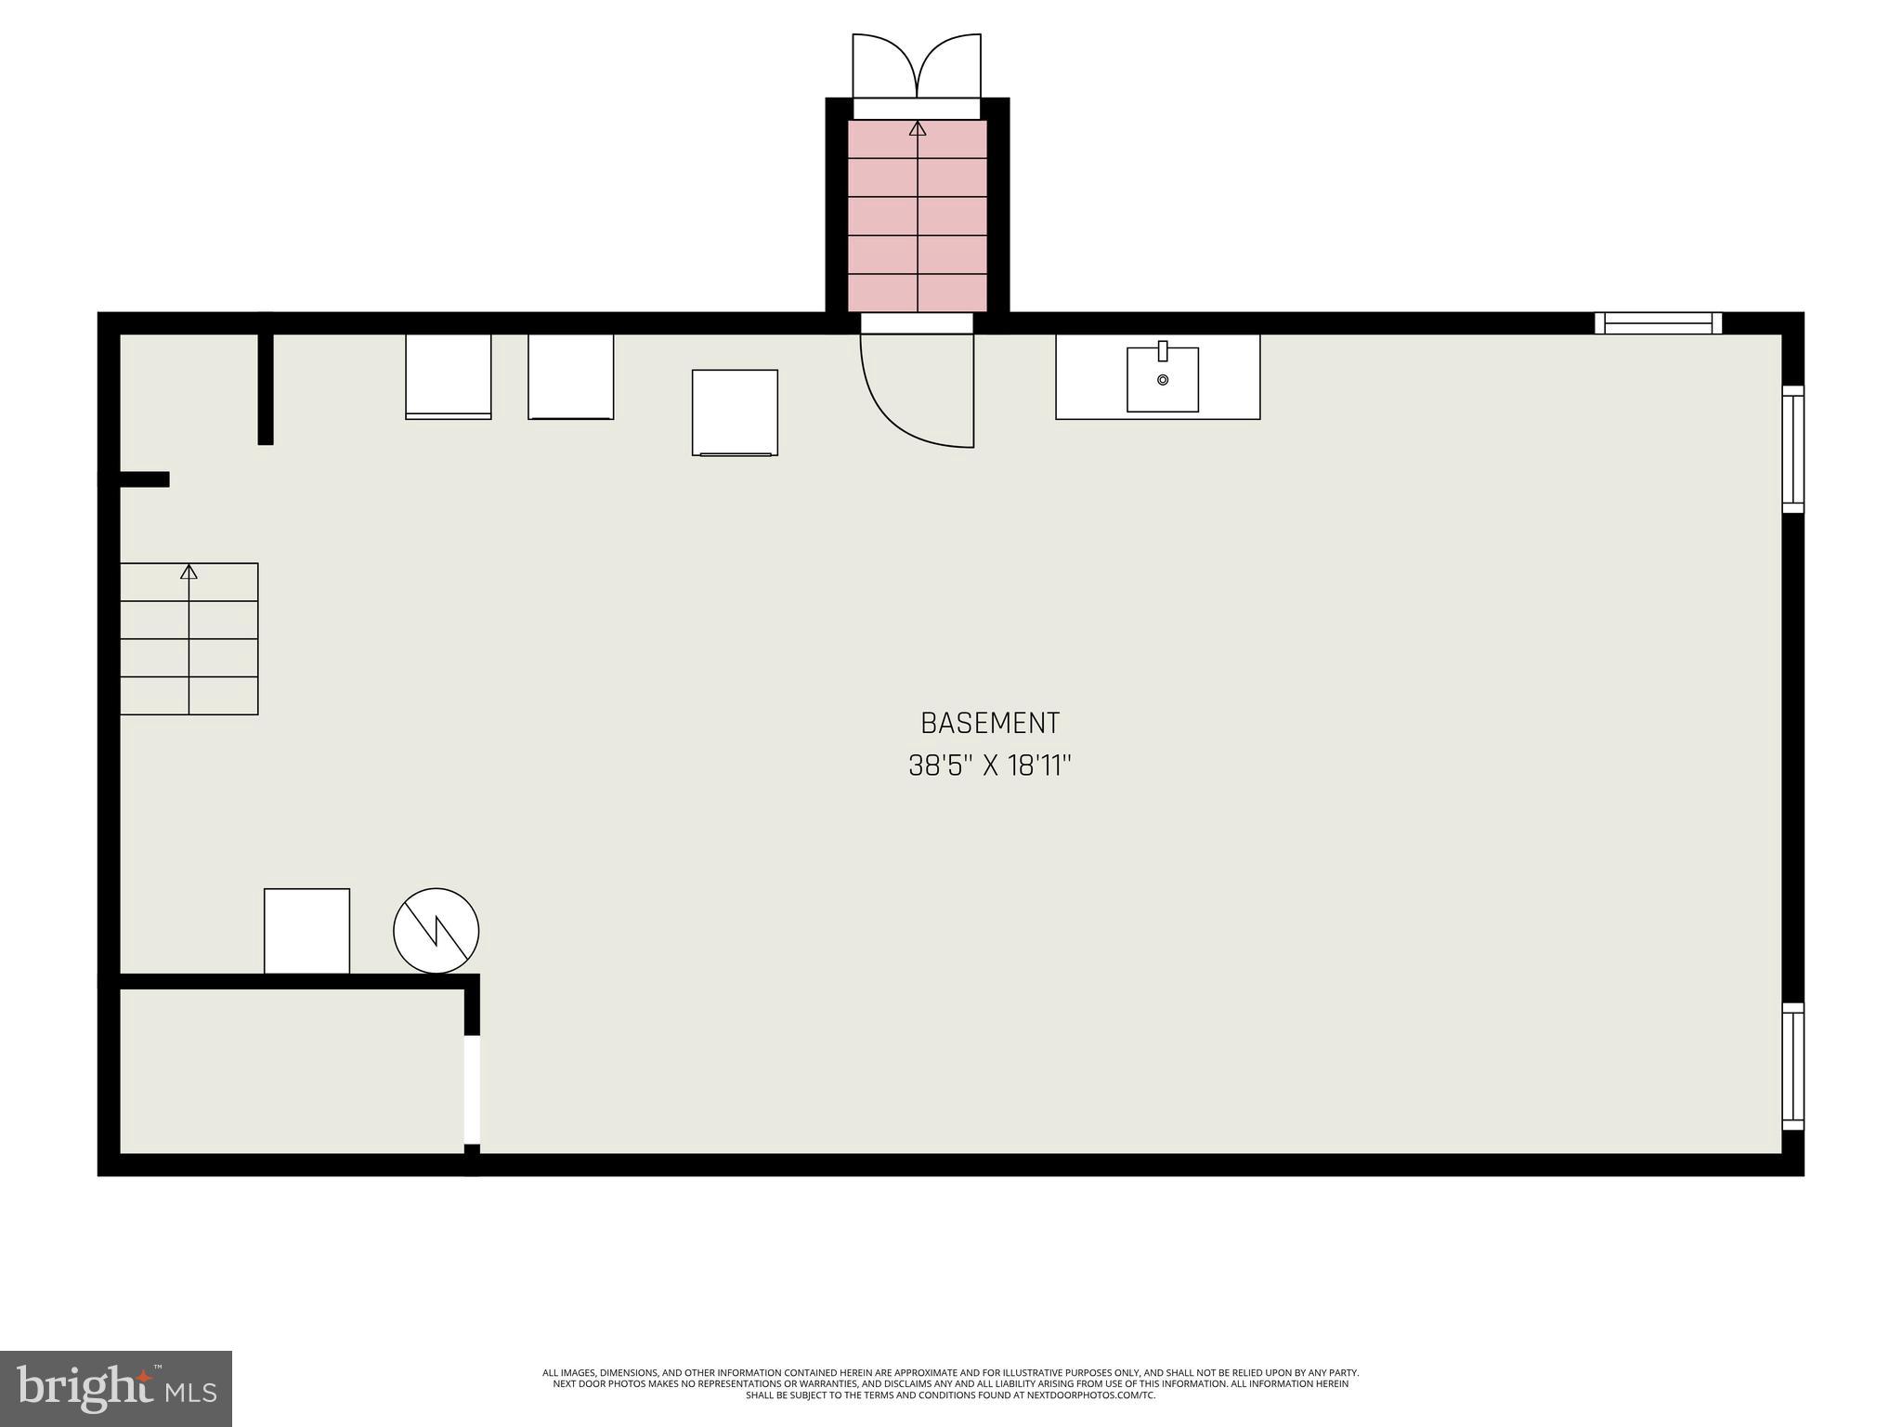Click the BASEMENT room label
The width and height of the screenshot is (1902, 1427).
click(x=989, y=723)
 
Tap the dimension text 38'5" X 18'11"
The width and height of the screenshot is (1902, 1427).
click(x=989, y=766)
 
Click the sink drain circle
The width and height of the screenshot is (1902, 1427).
click(x=1162, y=380)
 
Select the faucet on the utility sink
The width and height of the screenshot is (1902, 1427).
click(x=1162, y=351)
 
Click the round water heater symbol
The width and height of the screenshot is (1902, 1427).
click(x=436, y=931)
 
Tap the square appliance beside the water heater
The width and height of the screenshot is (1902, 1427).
click(x=306, y=931)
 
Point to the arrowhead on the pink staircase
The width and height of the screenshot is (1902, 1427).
click(x=918, y=128)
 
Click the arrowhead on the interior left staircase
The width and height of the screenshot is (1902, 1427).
click(x=189, y=571)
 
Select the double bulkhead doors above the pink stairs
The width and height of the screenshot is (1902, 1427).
click(x=917, y=65)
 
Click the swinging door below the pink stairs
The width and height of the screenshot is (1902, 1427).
click(x=915, y=390)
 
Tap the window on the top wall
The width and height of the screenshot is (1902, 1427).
click(x=1658, y=323)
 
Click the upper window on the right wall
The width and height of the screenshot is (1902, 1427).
click(x=1792, y=449)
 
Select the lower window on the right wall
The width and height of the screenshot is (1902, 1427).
click(x=1792, y=1067)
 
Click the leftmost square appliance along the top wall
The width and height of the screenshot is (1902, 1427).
click(x=448, y=376)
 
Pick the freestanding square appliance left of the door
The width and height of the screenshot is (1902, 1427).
click(x=735, y=412)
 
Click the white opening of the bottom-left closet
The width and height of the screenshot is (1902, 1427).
click(x=472, y=1090)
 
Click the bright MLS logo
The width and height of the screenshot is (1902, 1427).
click(x=116, y=1389)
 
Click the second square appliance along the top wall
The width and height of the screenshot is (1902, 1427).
click(x=570, y=376)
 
